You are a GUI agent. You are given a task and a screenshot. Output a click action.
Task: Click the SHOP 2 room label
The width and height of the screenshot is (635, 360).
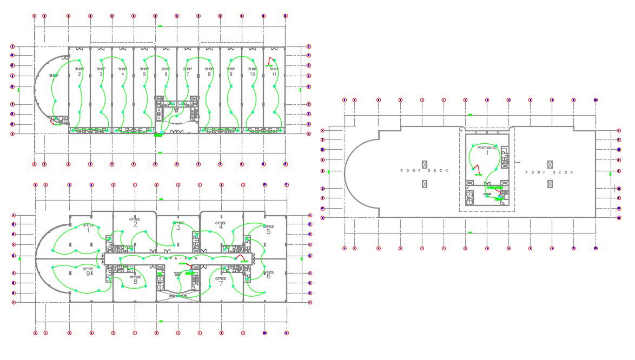(x=79, y=71)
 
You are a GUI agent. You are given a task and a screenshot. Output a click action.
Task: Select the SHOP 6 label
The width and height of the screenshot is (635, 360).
(x=166, y=71)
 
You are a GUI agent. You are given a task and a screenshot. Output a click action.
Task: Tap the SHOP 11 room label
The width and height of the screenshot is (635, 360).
(x=274, y=71)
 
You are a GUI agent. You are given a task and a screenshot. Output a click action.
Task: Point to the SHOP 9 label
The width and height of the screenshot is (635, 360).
(x=231, y=71)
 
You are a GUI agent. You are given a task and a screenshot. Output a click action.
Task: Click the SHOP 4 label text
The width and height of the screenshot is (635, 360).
(x=122, y=71)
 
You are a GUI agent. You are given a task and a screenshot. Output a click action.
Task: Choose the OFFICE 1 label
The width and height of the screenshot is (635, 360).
(x=88, y=228)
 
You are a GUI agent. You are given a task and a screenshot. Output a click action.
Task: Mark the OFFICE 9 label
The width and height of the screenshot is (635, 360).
(x=88, y=271)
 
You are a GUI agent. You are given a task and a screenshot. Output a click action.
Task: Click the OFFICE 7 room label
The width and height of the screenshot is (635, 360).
(x=221, y=281)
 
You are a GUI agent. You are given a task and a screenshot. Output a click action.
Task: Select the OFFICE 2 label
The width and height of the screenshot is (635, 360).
(x=135, y=222)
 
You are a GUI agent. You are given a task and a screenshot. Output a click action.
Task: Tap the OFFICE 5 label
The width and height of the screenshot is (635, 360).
(x=268, y=229)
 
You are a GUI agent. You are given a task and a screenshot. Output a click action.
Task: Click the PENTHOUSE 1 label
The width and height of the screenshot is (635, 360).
(x=487, y=150)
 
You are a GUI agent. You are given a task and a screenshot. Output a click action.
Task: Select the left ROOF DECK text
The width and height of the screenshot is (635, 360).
(x=424, y=171)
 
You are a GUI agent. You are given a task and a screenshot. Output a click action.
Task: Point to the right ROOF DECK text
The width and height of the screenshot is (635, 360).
(x=549, y=172)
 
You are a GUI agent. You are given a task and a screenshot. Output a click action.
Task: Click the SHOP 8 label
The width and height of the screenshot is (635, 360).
(x=209, y=71)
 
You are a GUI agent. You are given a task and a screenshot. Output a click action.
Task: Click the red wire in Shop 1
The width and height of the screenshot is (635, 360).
(x=54, y=121)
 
